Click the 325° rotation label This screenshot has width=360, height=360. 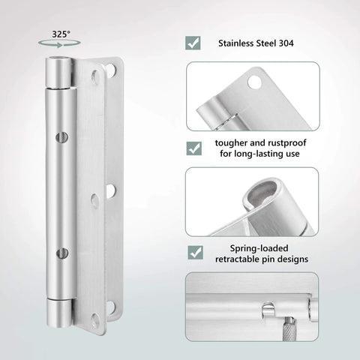click(61, 34)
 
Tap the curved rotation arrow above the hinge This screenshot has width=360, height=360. click(61, 45)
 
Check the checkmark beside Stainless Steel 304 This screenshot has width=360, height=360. click(193, 43)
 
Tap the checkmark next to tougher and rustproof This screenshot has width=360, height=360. click(193, 148)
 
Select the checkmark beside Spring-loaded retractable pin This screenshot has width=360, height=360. click(193, 252)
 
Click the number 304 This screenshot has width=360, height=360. click(286, 43)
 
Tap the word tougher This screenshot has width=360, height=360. click(229, 142)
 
